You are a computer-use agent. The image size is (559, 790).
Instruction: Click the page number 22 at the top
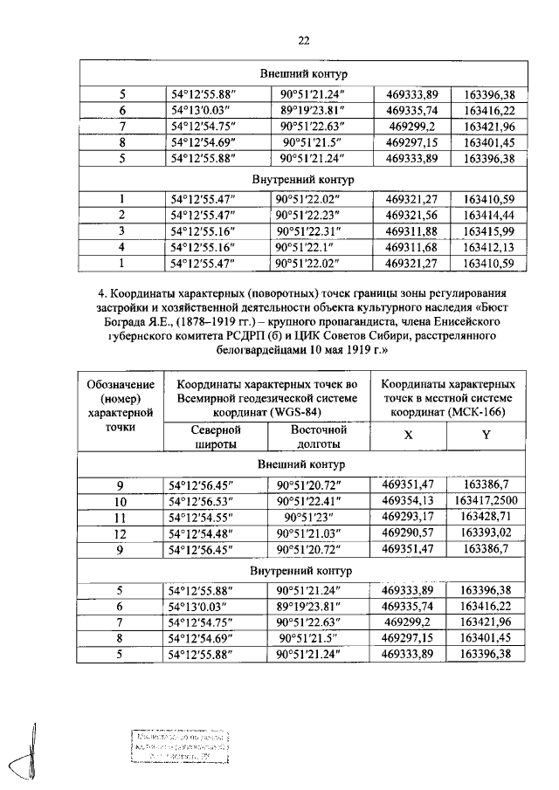click(x=304, y=39)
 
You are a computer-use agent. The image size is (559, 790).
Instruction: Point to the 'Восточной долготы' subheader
click(x=319, y=436)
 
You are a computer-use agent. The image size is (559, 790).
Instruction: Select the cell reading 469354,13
click(x=409, y=501)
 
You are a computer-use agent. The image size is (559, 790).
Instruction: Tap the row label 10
click(x=121, y=502)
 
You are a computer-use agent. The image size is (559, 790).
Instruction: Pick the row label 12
click(x=121, y=533)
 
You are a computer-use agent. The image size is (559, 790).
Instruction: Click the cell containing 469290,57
click(x=409, y=533)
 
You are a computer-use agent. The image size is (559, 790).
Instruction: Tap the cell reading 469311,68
click(x=409, y=246)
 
